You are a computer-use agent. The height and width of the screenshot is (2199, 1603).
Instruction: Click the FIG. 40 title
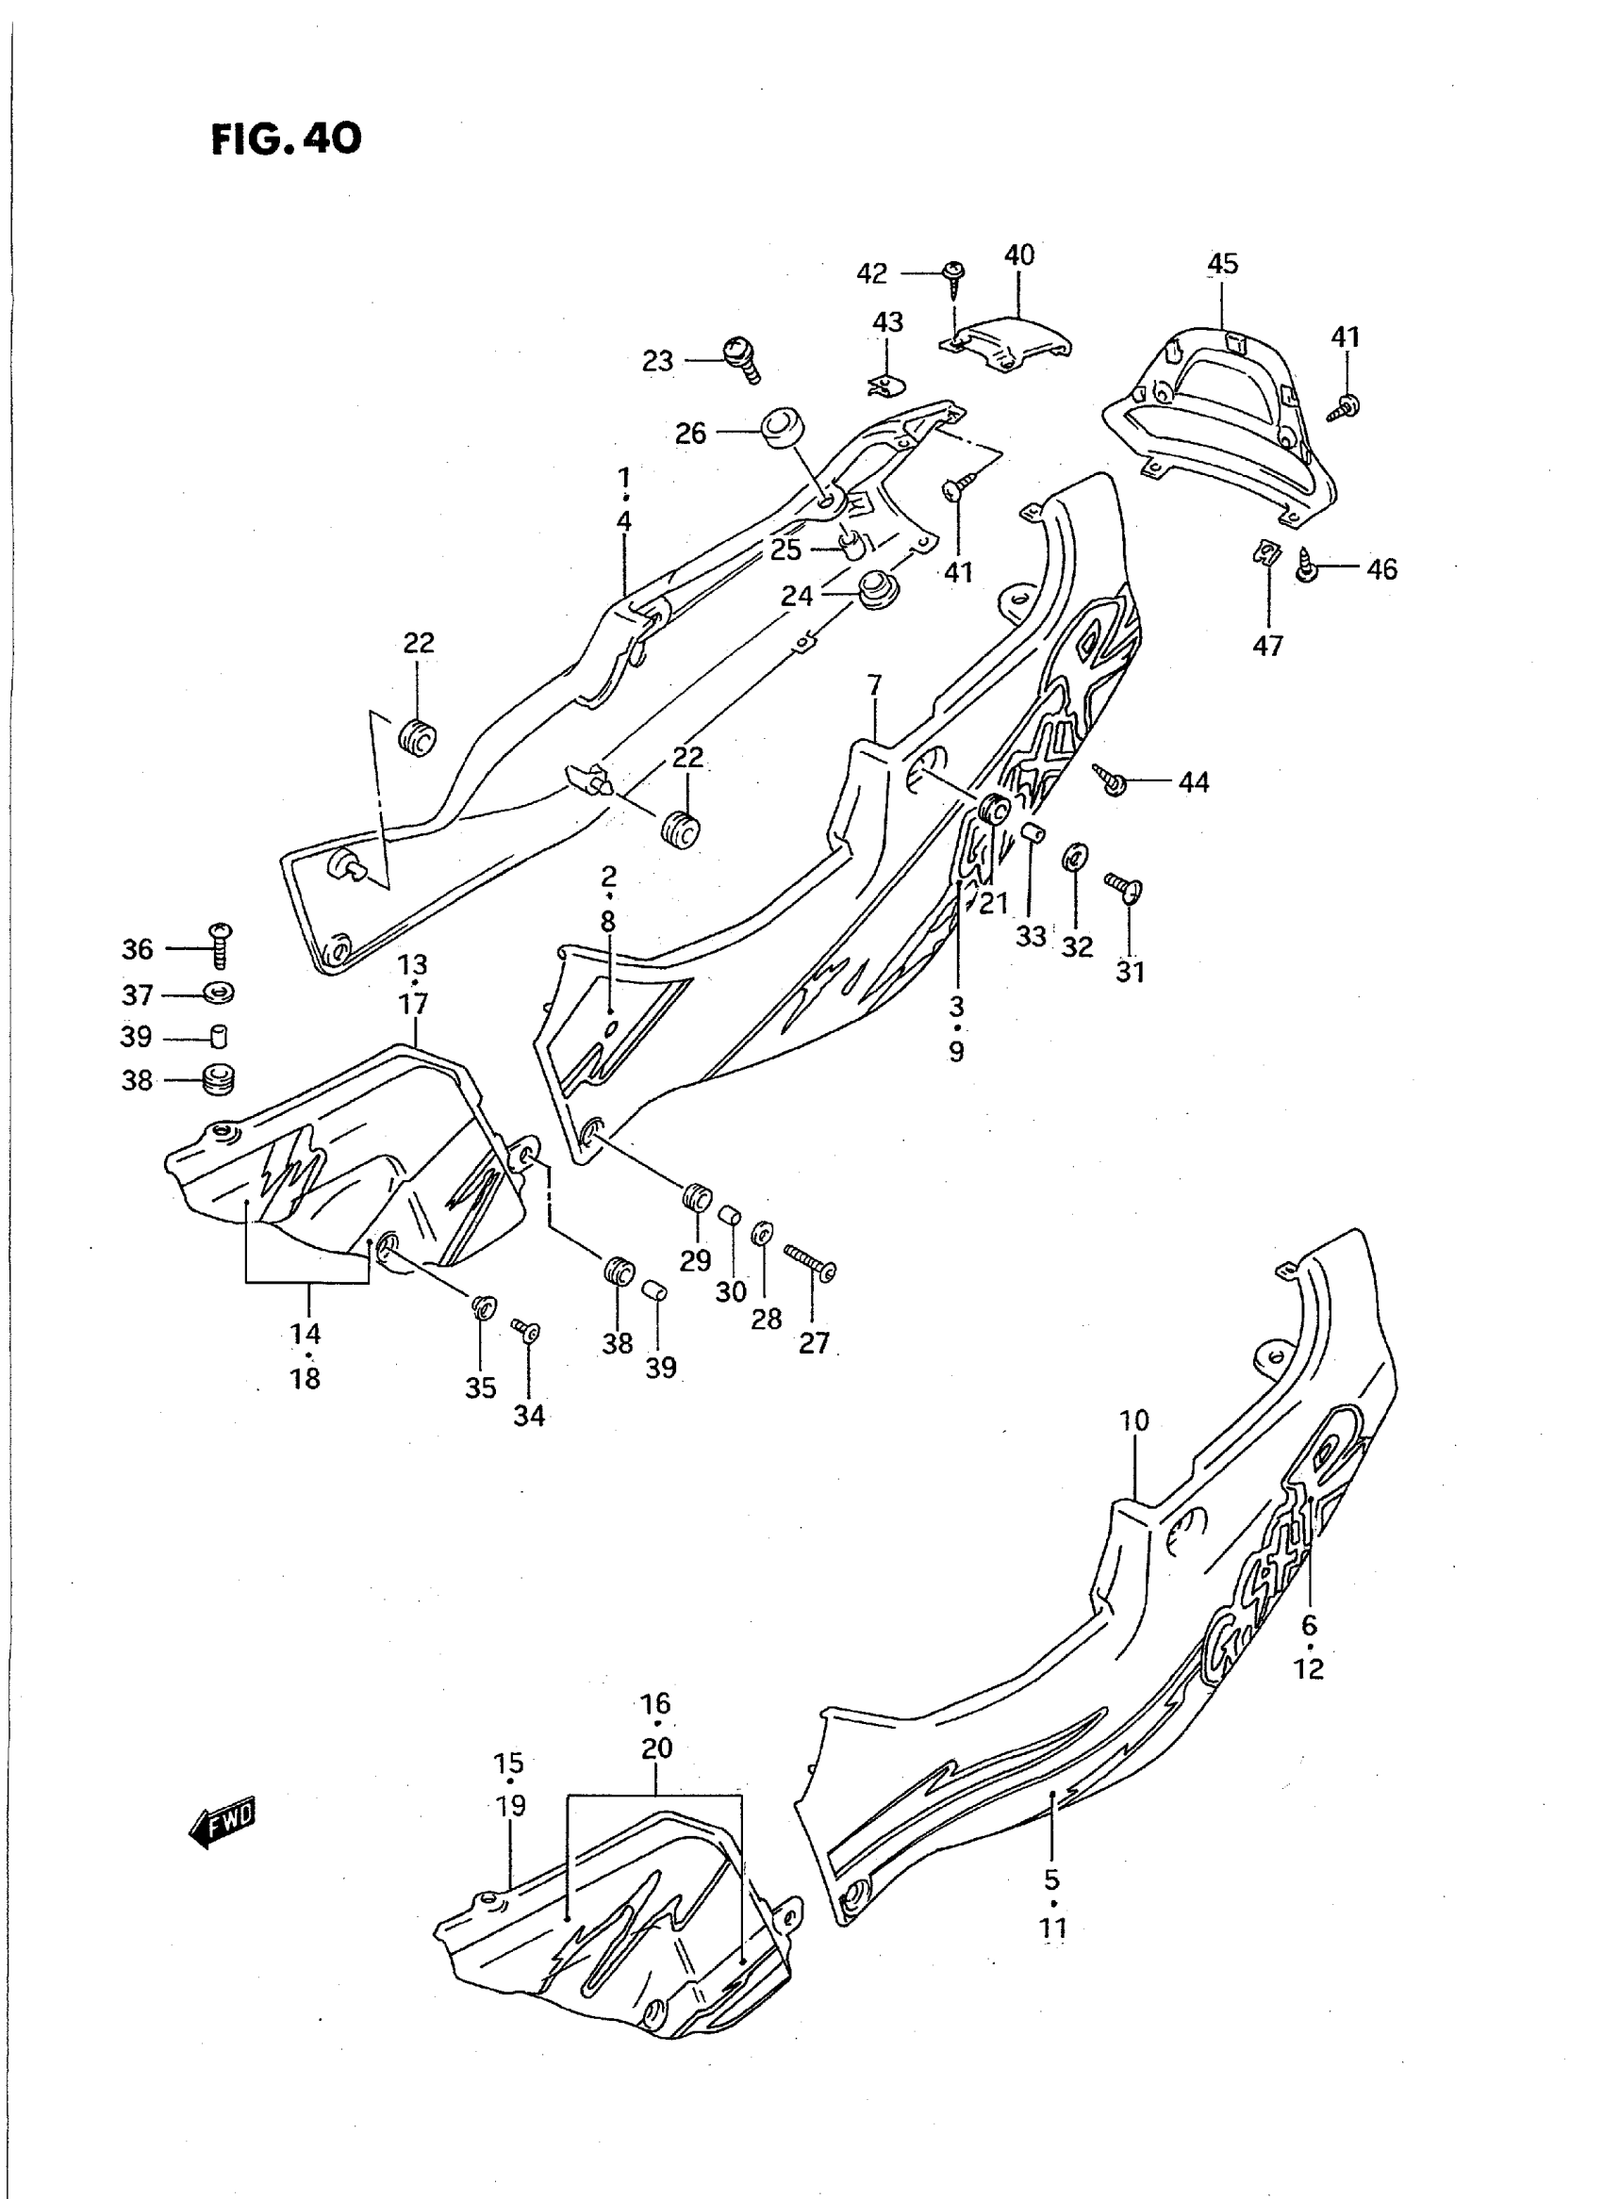point(287,139)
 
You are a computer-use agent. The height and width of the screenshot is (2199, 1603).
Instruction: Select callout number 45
point(1223,263)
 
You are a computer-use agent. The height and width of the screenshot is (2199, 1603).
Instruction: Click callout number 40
point(1019,255)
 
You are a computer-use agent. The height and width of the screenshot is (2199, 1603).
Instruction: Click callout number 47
point(1268,645)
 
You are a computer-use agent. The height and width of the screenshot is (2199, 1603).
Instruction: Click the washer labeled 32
point(1077,858)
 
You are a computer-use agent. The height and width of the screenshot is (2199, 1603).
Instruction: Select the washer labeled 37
point(221,994)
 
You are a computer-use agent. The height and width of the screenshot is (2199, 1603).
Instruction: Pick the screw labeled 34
point(527,1331)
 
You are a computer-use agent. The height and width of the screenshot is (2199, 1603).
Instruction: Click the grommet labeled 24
point(875,588)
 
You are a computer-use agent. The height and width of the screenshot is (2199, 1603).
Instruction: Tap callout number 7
point(874,686)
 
